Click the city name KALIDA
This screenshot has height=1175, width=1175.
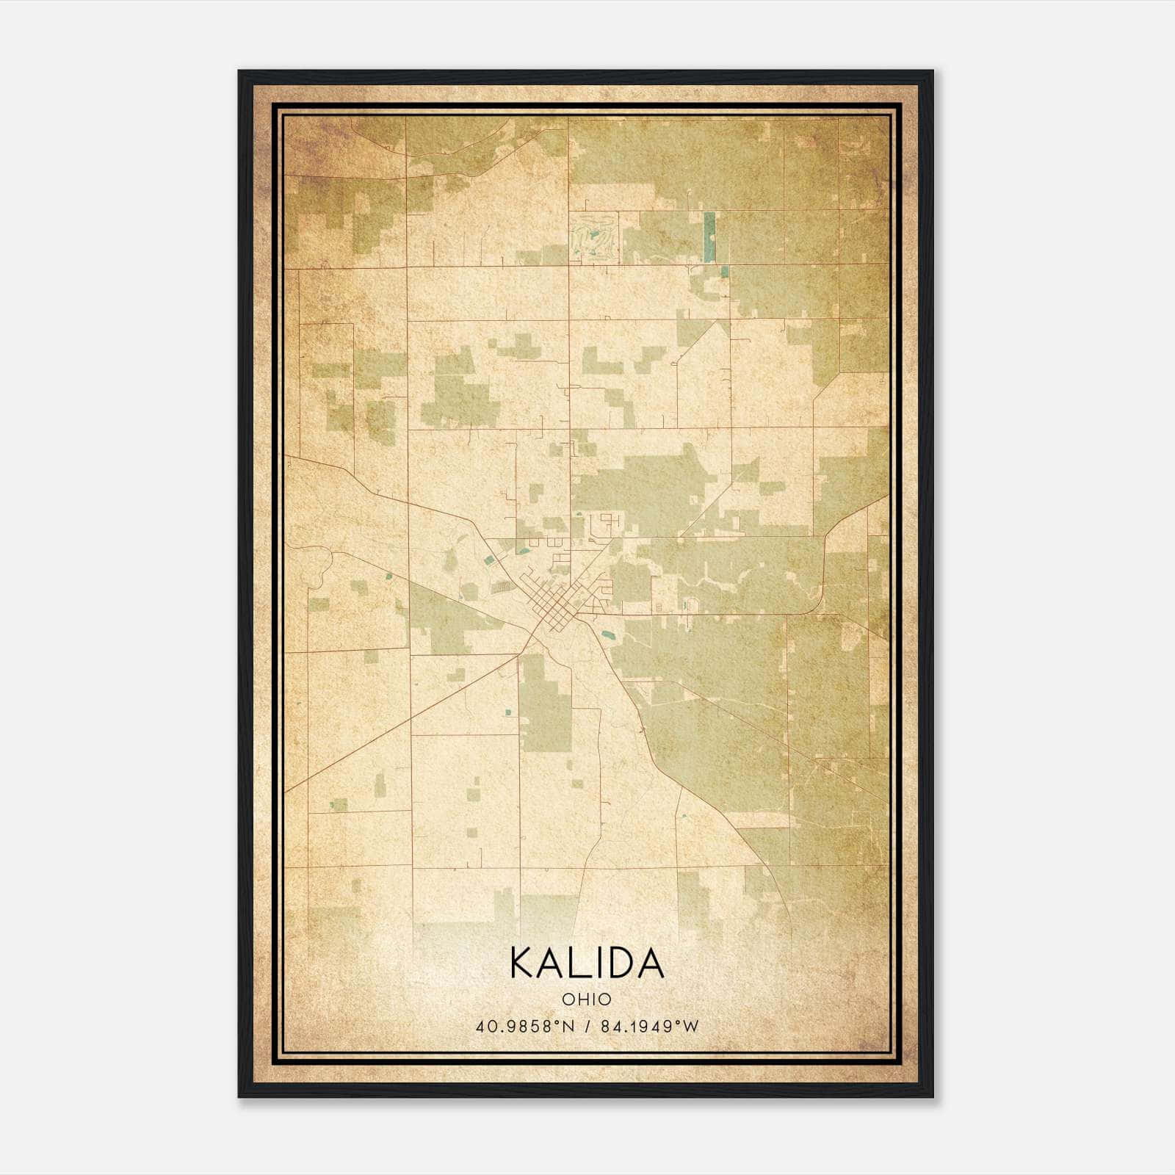tap(587, 963)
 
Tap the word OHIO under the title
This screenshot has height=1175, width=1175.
tap(587, 999)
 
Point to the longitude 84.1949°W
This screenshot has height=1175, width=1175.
tap(650, 1027)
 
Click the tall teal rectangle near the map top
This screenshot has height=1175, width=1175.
tap(709, 236)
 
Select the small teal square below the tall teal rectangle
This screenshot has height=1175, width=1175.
tap(725, 272)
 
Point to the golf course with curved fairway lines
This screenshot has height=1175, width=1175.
tap(593, 237)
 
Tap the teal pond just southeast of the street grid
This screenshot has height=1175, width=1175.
tap(607, 633)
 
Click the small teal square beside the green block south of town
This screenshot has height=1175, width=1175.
tap(508, 712)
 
